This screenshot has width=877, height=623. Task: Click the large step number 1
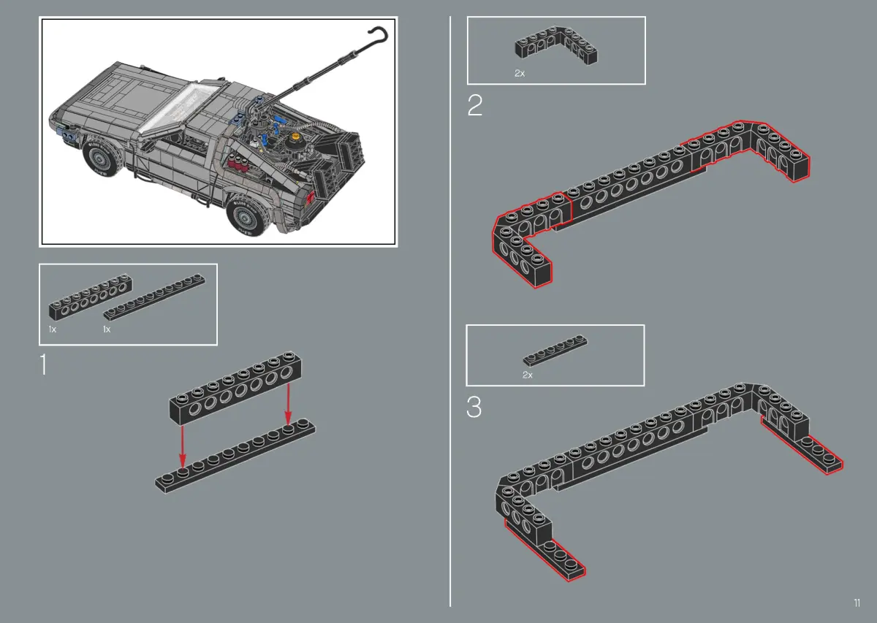point(43,364)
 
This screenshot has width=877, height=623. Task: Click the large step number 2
point(475,105)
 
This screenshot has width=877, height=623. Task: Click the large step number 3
point(474,407)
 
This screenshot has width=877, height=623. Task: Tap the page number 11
point(857,603)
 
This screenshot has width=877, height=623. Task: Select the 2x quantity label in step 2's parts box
point(520,73)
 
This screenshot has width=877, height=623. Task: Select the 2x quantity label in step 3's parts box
point(528,375)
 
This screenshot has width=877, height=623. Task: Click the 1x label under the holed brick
point(53,329)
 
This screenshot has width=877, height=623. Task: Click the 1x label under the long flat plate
point(107,329)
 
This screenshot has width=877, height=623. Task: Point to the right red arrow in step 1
point(288,404)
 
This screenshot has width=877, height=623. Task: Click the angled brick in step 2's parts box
point(556,46)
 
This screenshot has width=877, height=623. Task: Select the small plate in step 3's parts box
point(555,351)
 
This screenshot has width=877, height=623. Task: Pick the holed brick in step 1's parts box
point(91,297)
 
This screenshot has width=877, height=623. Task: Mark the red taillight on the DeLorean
point(310,199)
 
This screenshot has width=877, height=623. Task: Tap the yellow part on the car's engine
point(295,137)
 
